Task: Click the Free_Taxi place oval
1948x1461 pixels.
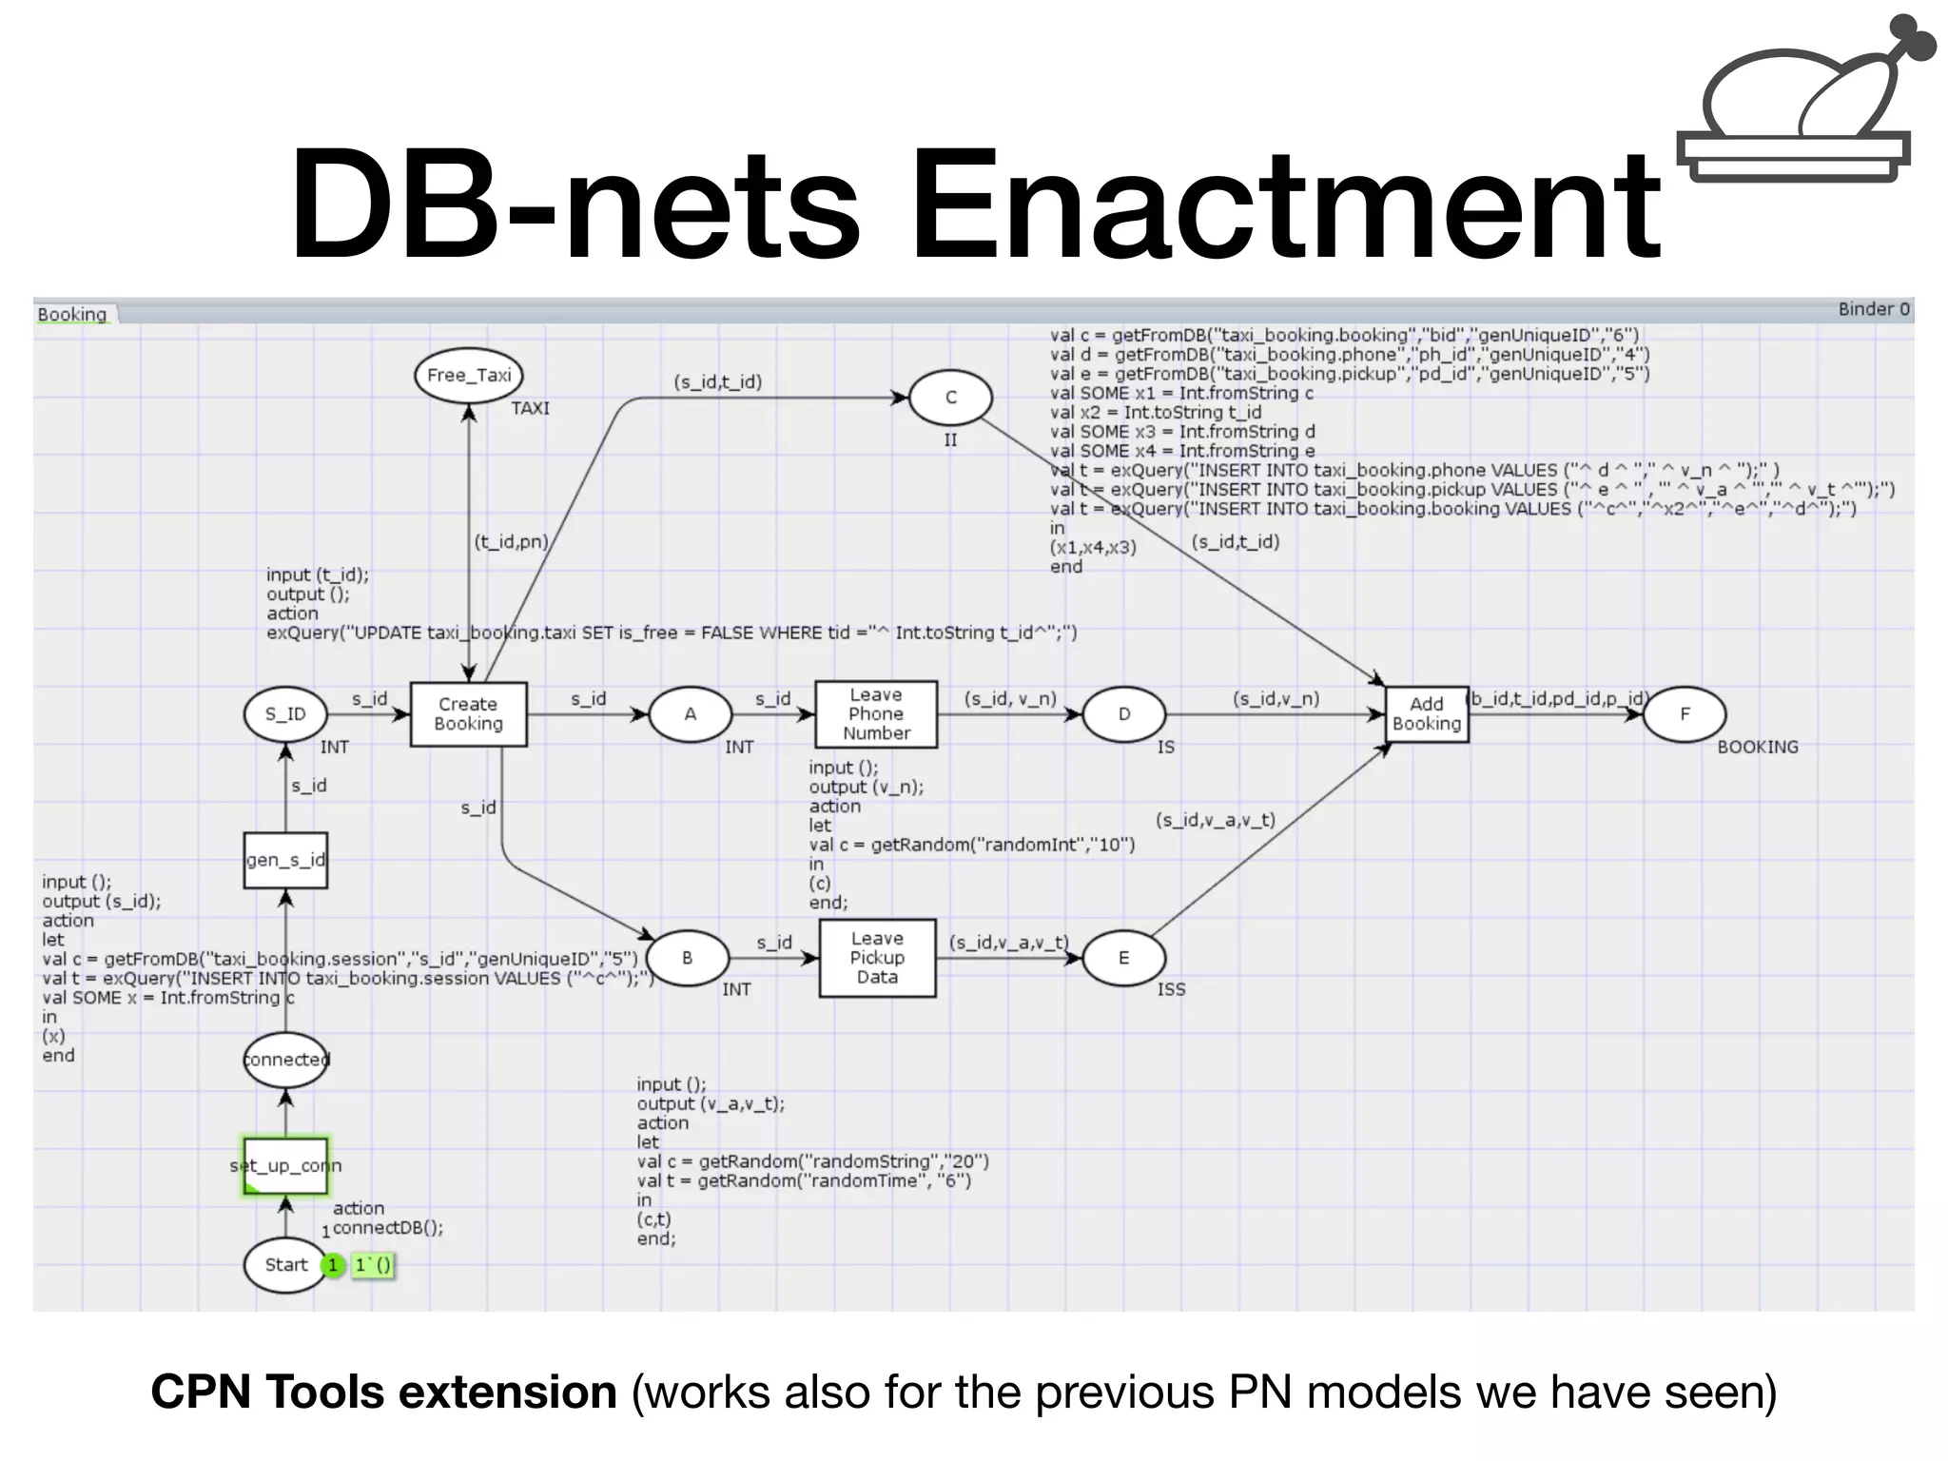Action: [x=469, y=376]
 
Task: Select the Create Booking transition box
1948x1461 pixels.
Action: [x=468, y=714]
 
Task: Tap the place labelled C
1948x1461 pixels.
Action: [x=950, y=398]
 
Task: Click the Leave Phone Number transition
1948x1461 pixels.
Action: [x=876, y=714]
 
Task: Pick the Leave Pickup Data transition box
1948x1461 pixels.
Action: [x=877, y=958]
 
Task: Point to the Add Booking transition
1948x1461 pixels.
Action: [x=1426, y=714]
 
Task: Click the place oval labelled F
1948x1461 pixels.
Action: [x=1685, y=714]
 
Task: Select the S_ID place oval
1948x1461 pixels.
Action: [x=285, y=714]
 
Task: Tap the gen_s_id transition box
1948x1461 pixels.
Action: [x=285, y=861]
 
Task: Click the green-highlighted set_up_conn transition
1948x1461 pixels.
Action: [x=285, y=1165]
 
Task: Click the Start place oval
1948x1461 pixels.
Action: [x=285, y=1265]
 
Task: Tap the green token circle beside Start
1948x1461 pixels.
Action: [x=333, y=1266]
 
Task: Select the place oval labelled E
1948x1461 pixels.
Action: [x=1123, y=958]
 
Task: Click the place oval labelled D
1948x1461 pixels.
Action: [x=1123, y=714]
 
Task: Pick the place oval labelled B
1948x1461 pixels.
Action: [x=687, y=958]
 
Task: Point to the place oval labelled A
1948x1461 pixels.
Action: [x=691, y=714]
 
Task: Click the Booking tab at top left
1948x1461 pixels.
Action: [x=72, y=314]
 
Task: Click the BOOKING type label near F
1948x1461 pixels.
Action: [x=1757, y=748]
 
